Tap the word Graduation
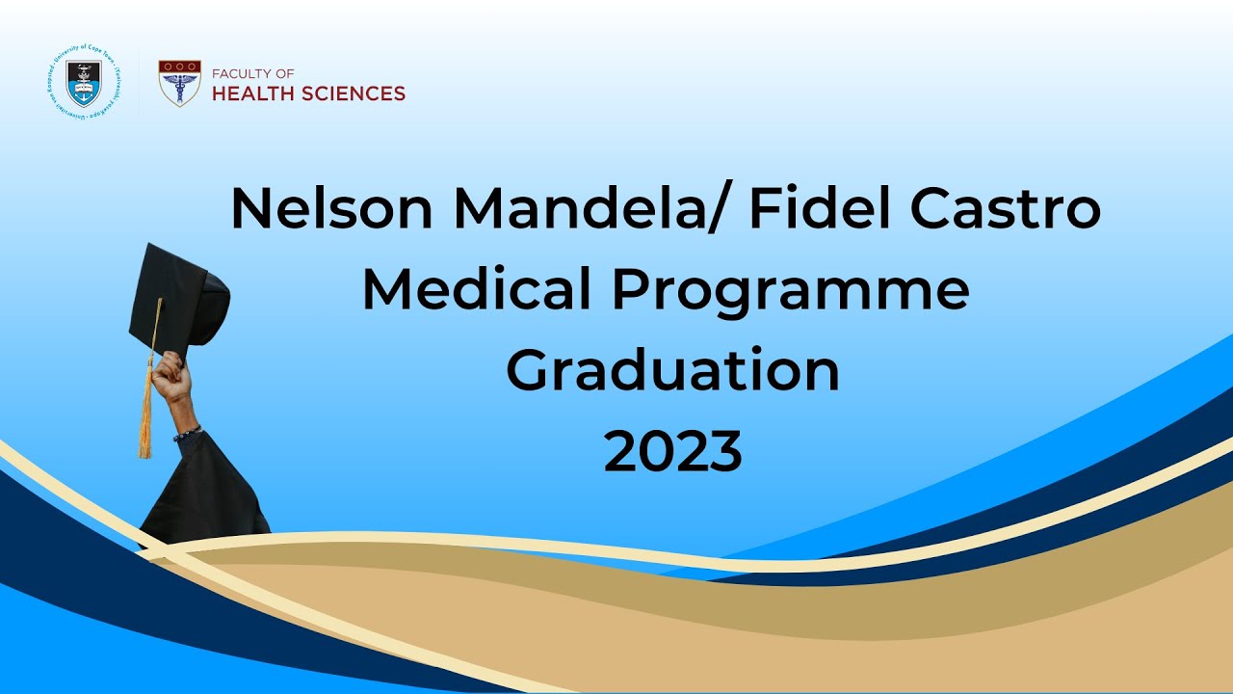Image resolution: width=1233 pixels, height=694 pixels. [x=672, y=370]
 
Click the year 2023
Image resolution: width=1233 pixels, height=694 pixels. [x=672, y=451]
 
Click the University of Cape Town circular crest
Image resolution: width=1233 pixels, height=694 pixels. [x=83, y=83]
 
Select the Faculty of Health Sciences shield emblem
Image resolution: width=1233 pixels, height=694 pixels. [x=179, y=83]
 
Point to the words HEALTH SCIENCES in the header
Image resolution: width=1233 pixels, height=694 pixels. [x=308, y=93]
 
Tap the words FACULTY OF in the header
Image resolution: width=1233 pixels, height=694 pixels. [x=252, y=73]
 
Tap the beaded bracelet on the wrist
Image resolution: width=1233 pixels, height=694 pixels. [x=187, y=433]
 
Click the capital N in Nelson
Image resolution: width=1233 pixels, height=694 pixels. [x=252, y=208]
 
